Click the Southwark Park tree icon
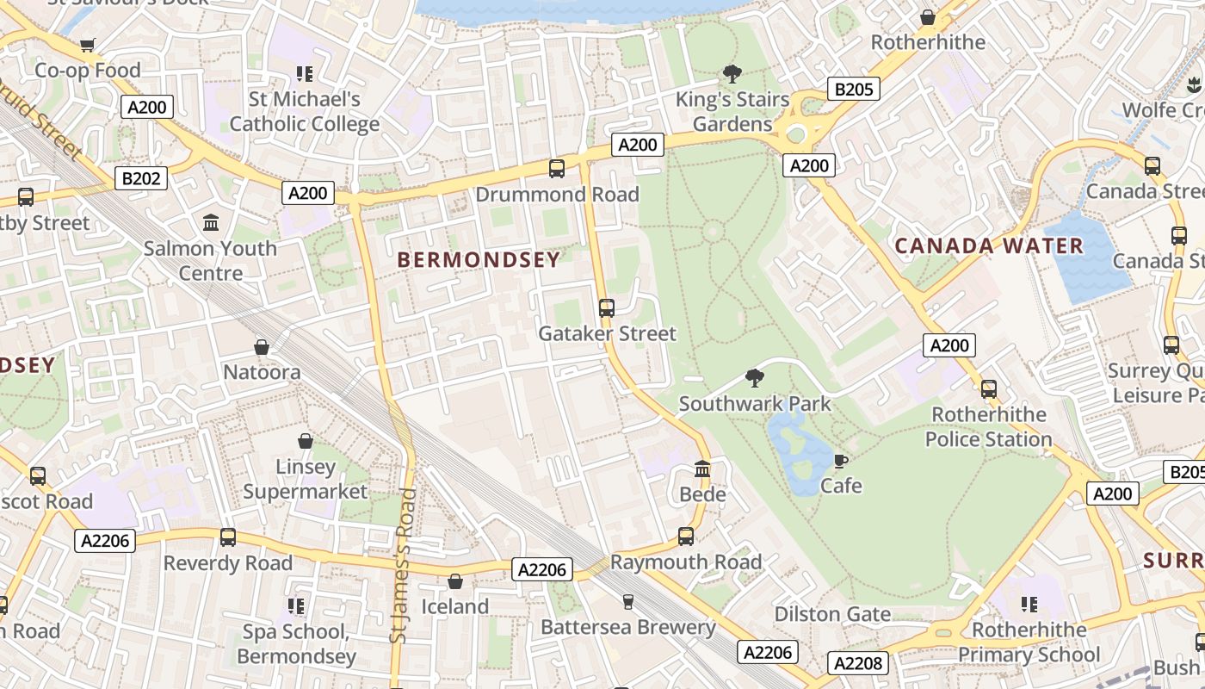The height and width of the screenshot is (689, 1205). click(x=755, y=377)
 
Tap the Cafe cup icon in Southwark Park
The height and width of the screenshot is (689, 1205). click(x=841, y=461)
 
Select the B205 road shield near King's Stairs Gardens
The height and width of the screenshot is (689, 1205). click(x=854, y=89)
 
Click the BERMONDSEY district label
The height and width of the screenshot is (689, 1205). click(x=479, y=259)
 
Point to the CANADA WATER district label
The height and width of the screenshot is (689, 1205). click(x=989, y=246)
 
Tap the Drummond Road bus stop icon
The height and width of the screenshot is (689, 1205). click(x=557, y=168)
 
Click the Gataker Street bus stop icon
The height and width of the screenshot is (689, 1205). click(x=607, y=307)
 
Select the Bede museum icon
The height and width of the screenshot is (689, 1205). click(x=702, y=469)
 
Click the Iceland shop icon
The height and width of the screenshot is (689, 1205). click(x=454, y=581)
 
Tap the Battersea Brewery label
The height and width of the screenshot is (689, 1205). click(x=628, y=627)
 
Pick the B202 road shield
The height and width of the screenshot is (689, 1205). click(x=141, y=178)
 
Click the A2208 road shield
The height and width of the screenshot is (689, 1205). click(x=857, y=663)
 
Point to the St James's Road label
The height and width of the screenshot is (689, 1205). click(x=401, y=566)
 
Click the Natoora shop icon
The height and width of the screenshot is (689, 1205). click(x=262, y=347)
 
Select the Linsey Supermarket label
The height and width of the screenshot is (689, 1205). click(x=305, y=479)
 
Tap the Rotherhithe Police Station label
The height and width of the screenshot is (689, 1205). click(x=989, y=427)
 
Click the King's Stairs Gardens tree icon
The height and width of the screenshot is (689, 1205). click(x=732, y=73)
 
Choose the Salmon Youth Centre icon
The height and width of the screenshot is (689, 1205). click(x=211, y=223)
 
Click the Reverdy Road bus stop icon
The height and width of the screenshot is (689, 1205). click(x=228, y=537)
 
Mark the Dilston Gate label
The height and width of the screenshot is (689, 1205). click(x=832, y=614)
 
